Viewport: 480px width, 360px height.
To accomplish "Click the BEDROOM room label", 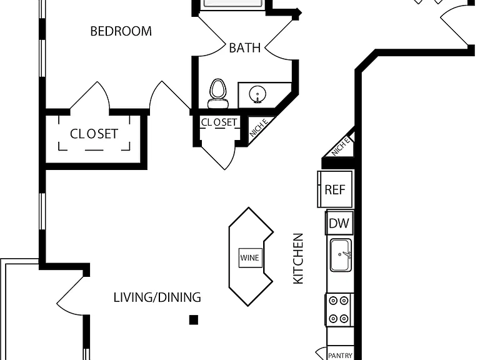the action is pyautogui.click(x=121, y=31).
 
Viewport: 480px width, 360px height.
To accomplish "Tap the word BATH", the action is pyautogui.click(x=244, y=47).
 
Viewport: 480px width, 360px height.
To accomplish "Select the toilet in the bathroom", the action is pyautogui.click(x=218, y=93).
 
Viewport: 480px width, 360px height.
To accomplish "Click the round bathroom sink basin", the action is pyautogui.click(x=257, y=94).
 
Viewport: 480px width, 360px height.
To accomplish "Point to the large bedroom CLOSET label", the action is pyautogui.click(x=94, y=134).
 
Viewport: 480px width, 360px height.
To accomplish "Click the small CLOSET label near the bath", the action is pyautogui.click(x=219, y=122).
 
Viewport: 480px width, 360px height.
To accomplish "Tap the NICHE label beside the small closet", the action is pyautogui.click(x=259, y=127).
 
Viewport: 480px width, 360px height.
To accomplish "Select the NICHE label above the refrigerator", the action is pyautogui.click(x=341, y=146).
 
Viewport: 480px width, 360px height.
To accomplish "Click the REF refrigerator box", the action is pyautogui.click(x=335, y=189).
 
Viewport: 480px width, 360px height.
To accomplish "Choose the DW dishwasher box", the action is pyautogui.click(x=339, y=222).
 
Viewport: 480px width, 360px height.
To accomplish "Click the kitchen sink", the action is pyautogui.click(x=341, y=255).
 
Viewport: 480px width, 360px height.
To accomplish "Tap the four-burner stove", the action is pyautogui.click(x=339, y=310).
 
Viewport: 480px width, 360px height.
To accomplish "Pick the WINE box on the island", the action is pyautogui.click(x=250, y=257).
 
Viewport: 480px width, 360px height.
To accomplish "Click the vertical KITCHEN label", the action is pyautogui.click(x=298, y=259).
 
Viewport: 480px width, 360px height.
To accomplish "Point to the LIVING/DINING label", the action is pyautogui.click(x=157, y=297).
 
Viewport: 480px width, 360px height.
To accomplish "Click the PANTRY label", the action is pyautogui.click(x=340, y=356).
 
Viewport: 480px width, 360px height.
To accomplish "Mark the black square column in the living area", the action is pyautogui.click(x=194, y=320).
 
